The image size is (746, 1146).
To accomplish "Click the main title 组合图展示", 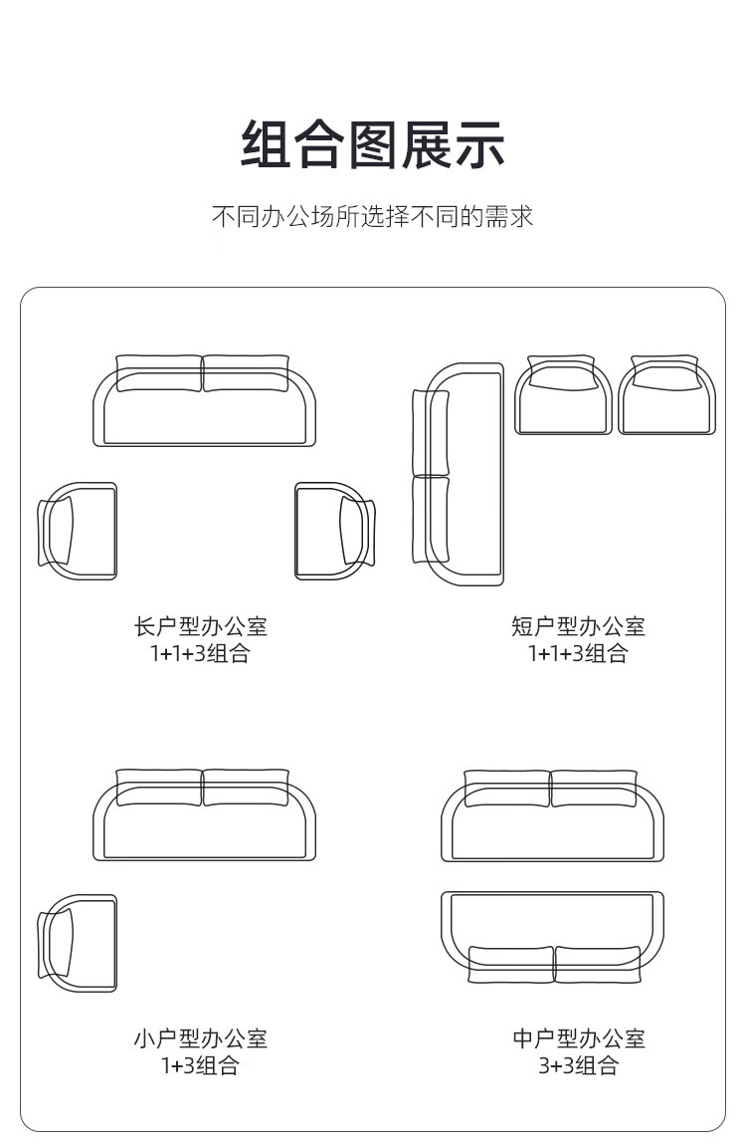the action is [x=373, y=144].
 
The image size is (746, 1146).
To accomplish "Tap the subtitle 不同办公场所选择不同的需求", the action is [x=373, y=216].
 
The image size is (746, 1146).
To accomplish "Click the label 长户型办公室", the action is [x=200, y=626].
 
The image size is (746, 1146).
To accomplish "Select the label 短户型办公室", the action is [x=578, y=626].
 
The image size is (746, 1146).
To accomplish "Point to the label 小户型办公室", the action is [x=200, y=1038].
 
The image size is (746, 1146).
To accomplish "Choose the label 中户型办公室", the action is [x=578, y=1038].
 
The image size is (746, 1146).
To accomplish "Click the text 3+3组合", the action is [x=578, y=1065].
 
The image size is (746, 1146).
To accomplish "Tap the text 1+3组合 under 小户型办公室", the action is [x=200, y=1065].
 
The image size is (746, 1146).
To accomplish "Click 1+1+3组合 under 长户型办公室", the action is [x=200, y=653].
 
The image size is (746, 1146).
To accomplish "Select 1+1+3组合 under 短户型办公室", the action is [x=578, y=653].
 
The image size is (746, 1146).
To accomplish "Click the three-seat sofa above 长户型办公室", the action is [x=204, y=403].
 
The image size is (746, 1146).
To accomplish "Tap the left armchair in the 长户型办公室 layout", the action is [x=78, y=531].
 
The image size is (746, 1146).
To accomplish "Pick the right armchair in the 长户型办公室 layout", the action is [x=334, y=531].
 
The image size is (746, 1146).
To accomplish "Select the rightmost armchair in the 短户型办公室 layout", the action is [x=666, y=396].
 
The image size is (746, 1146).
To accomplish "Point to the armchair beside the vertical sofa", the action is [x=563, y=396].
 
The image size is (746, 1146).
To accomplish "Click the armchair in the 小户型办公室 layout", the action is [x=78, y=943].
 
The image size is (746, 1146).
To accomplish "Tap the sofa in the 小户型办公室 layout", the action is [x=204, y=816].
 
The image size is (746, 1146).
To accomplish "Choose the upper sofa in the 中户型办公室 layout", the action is [x=552, y=816].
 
